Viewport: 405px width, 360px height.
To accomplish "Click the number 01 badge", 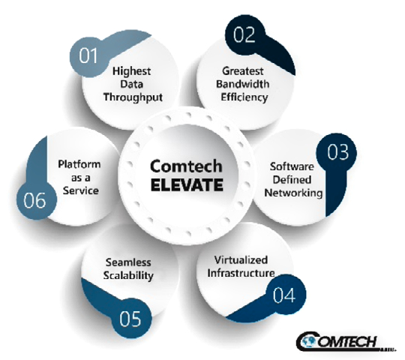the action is coord(89,56).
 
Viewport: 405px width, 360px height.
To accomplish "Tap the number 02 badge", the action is coord(244,34).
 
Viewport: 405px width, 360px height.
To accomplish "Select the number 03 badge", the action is coord(337,153).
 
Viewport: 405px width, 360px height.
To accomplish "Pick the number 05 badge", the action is coord(131,318).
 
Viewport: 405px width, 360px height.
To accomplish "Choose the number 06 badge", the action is coord(36,200).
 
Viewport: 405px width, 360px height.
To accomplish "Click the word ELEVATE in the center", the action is coord(187,184).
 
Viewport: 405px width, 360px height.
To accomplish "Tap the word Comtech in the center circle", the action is coord(186,166).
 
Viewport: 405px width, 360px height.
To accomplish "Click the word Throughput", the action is coord(133,97).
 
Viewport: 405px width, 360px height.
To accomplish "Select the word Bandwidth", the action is coord(242,84).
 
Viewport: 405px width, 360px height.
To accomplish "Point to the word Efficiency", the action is coord(244,97).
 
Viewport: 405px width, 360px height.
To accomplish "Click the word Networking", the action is coord(293,193).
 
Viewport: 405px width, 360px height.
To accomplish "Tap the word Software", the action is coord(292,166).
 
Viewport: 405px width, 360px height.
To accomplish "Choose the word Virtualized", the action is coord(241,259).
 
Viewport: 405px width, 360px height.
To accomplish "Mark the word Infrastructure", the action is coord(241,273).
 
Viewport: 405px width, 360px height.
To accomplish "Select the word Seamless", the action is coord(128,262).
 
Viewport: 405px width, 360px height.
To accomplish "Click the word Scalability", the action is coord(128,275).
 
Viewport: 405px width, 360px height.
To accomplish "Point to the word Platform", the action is coord(79,164).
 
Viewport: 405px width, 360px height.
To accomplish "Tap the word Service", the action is coord(80,190).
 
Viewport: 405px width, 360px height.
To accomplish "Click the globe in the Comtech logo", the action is coord(308,341).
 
